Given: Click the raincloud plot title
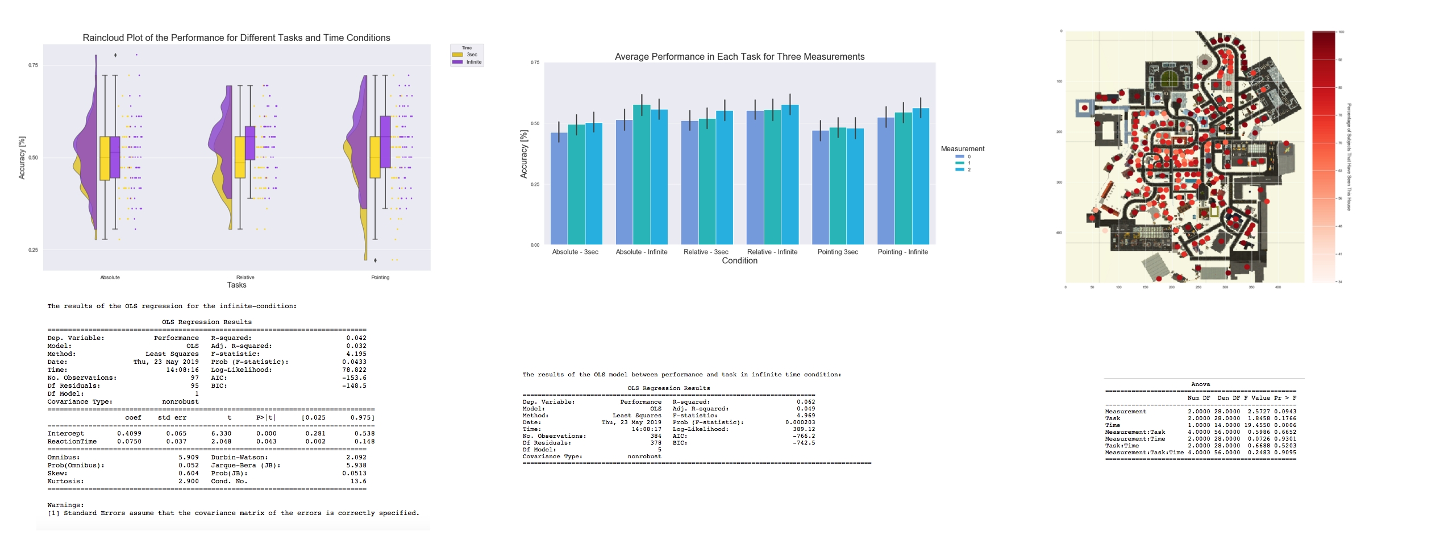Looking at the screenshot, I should pyautogui.click(x=236, y=38).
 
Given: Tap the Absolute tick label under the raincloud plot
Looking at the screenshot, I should pyautogui.click(x=110, y=277).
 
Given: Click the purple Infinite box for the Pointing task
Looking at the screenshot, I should pyautogui.click(x=385, y=142).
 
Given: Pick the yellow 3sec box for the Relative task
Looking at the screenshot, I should pyautogui.click(x=240, y=157).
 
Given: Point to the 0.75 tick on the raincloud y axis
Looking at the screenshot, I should pyautogui.click(x=34, y=65).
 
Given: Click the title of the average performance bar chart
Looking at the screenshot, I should pyautogui.click(x=739, y=57).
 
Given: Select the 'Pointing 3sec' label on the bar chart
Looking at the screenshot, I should pyautogui.click(x=838, y=252).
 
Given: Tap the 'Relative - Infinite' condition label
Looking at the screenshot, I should pyautogui.click(x=772, y=252).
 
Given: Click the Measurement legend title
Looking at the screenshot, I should pyautogui.click(x=963, y=149).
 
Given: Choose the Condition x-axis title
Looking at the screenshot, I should pyautogui.click(x=739, y=261).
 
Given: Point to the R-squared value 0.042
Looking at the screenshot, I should pyautogui.click(x=356, y=338).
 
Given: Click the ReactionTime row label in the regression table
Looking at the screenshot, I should pyautogui.click(x=72, y=442).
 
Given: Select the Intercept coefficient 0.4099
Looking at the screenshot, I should pyautogui.click(x=129, y=434).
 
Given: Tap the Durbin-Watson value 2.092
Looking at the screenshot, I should pyautogui.click(x=356, y=458).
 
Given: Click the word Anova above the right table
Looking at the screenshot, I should pyautogui.click(x=1200, y=384).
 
